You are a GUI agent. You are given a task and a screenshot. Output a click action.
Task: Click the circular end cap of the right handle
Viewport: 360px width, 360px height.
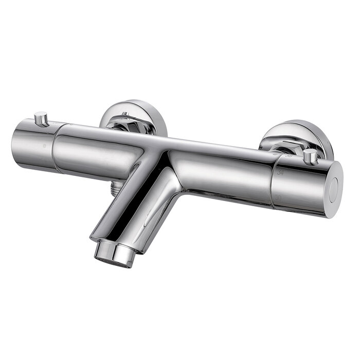[x=334, y=190]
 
